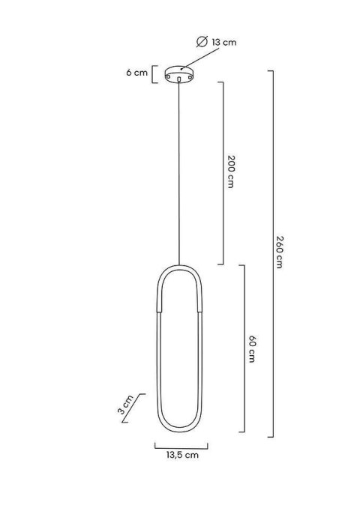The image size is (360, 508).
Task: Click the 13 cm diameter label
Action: click(223, 42)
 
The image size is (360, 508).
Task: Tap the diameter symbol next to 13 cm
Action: click(202, 42)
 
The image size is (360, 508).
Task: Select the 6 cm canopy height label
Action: click(136, 73)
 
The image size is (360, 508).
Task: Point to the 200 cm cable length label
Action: click(230, 172)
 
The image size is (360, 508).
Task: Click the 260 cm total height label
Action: click(280, 253)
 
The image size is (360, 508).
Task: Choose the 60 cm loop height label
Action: click(252, 348)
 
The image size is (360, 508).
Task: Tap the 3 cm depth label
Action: click(125, 405)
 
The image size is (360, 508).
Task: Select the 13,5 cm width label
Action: click(182, 455)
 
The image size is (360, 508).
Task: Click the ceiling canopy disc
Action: click(179, 74)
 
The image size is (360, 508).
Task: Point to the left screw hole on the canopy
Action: click(168, 76)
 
